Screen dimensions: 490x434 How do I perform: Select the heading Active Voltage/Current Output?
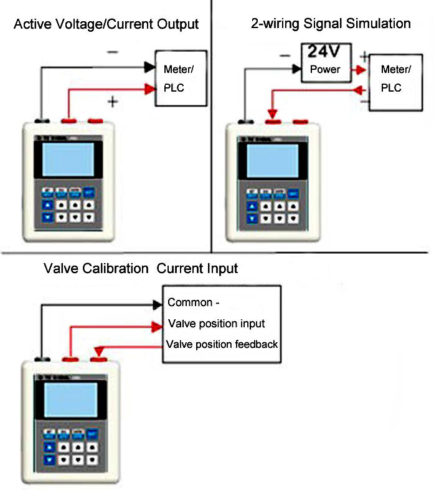(x=106, y=25)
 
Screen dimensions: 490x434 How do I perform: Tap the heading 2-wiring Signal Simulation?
(x=331, y=24)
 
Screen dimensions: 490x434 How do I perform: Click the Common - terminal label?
(x=195, y=304)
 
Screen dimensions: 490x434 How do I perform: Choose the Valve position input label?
(x=217, y=324)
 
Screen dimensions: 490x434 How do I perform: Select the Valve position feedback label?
(x=222, y=344)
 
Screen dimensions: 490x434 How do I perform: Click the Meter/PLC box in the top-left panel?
(x=181, y=78)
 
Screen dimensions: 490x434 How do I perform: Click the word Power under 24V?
(x=325, y=69)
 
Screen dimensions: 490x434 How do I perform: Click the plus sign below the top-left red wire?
(x=113, y=102)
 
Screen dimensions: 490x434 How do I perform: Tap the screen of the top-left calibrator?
(x=68, y=161)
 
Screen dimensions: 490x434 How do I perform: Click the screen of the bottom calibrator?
(x=70, y=400)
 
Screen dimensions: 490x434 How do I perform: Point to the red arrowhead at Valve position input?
(x=157, y=325)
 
